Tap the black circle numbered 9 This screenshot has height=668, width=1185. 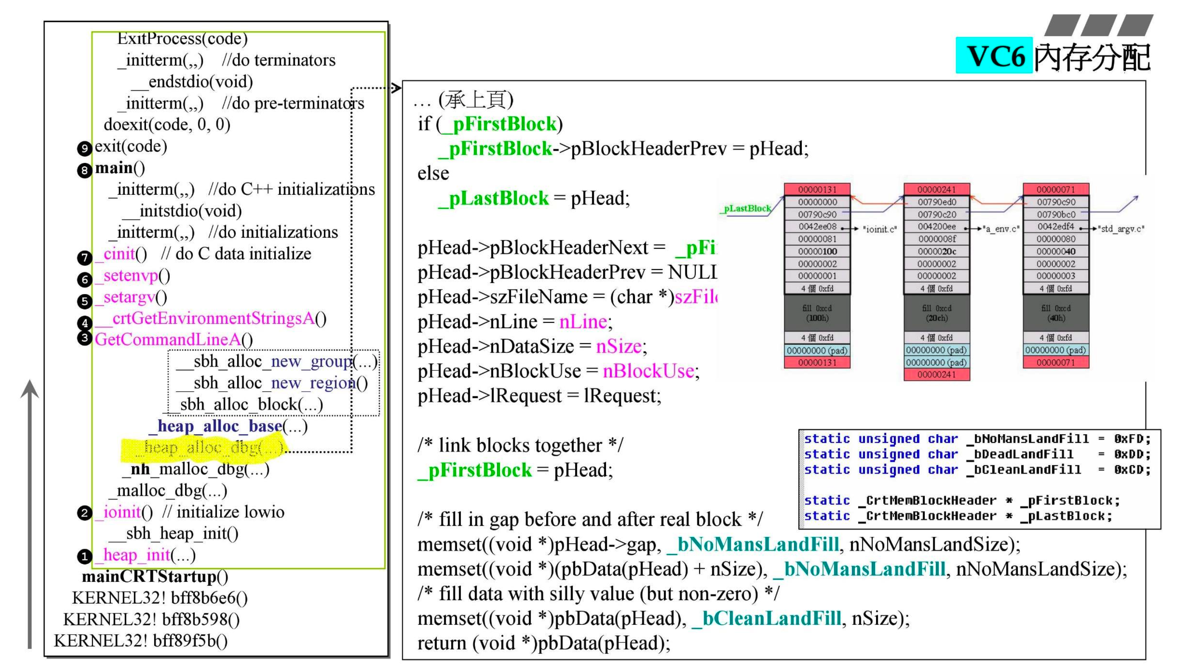(x=84, y=148)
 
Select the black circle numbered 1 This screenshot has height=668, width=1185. (x=84, y=557)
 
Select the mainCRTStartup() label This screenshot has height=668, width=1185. (x=154, y=576)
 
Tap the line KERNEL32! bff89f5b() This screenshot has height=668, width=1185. (x=140, y=640)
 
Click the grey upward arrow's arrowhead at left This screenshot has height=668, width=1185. (x=30, y=389)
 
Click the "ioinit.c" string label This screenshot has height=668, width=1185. (x=879, y=229)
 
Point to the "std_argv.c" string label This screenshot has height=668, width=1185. (x=1120, y=229)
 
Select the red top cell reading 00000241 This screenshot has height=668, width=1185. (x=937, y=189)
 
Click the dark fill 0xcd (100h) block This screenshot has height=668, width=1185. (x=817, y=313)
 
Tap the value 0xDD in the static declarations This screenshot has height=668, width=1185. (x=1132, y=454)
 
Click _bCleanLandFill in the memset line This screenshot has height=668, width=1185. (x=767, y=618)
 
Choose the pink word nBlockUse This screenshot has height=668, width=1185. (x=648, y=371)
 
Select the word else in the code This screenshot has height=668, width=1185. (x=433, y=174)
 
